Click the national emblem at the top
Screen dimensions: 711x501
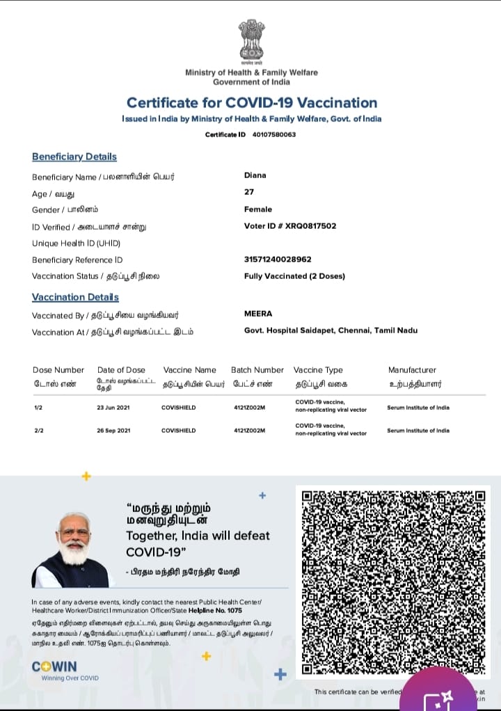[x=251, y=42]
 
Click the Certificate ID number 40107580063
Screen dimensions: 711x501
[x=273, y=134]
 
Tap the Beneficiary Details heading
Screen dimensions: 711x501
[x=74, y=157]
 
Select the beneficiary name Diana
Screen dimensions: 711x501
[x=255, y=175]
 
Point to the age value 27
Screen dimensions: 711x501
[x=249, y=192]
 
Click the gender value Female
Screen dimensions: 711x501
[x=258, y=209]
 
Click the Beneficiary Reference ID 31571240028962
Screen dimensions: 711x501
[x=278, y=259]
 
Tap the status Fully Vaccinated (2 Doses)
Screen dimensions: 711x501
[x=294, y=276]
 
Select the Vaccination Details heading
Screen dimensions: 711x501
[x=75, y=297]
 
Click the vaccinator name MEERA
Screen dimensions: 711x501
[x=258, y=314]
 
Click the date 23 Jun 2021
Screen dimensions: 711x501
[x=113, y=407]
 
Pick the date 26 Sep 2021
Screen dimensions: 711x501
[x=113, y=431]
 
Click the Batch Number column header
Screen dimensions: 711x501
[x=257, y=370]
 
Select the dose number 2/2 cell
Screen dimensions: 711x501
[x=38, y=431]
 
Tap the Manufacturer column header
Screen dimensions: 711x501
[x=412, y=370]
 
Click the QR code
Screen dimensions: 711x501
[x=393, y=583]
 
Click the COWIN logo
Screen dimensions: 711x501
[x=54, y=666]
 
